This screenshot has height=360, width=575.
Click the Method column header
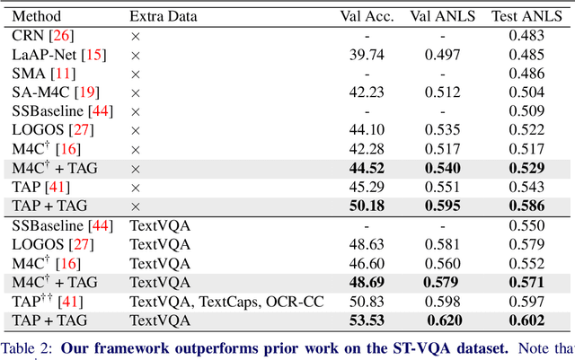pos(35,16)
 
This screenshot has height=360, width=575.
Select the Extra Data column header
pos(164,16)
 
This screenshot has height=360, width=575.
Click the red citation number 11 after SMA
pos(62,74)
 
